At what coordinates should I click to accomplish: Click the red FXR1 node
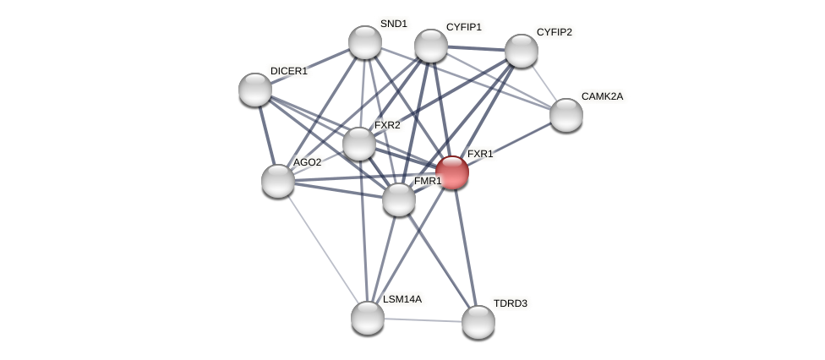452,172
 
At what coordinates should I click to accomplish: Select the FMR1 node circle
399,199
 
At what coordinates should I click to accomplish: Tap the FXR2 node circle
359,144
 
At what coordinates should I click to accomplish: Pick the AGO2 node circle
278,181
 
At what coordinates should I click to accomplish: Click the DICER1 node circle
255,90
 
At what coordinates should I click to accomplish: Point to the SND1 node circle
365,42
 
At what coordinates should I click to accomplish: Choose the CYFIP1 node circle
431,46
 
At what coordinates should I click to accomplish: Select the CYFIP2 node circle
522,51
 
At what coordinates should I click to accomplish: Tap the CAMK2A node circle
566,115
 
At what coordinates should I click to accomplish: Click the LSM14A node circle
368,318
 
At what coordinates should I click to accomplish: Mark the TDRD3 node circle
478,322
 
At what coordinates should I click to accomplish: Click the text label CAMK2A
602,96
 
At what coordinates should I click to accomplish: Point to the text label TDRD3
510,303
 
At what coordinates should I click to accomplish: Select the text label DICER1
289,71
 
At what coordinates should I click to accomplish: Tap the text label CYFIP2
554,32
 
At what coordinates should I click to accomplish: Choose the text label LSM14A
402,299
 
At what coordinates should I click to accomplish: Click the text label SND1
393,24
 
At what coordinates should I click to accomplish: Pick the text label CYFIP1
463,27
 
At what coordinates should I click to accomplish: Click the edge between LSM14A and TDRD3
423,319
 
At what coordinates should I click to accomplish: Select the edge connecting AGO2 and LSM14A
322,248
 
